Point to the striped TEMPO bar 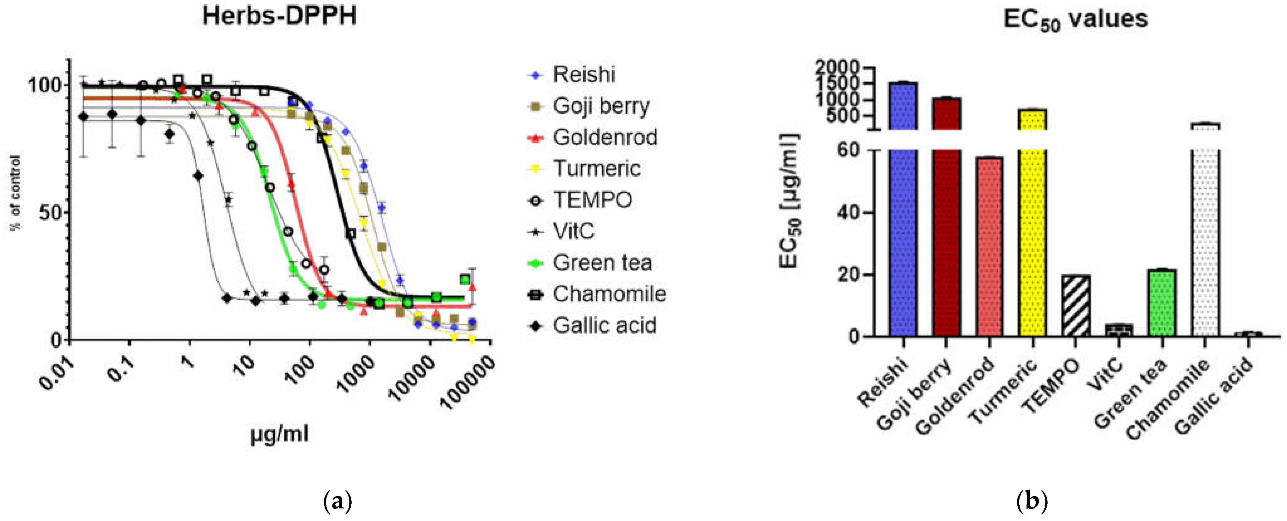[x=1076, y=306]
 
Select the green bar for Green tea [x=1162, y=303]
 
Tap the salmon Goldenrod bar [x=989, y=247]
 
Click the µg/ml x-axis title [x=279, y=434]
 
